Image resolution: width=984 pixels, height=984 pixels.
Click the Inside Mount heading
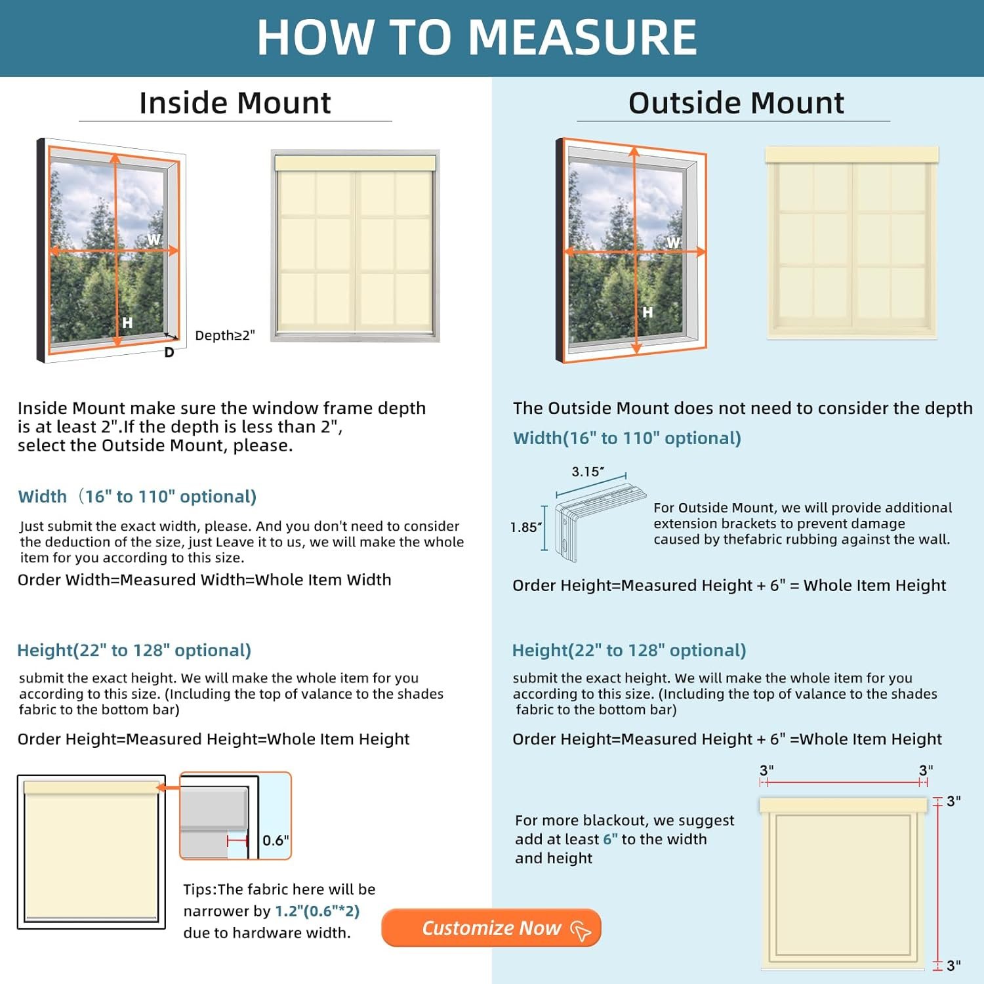click(235, 103)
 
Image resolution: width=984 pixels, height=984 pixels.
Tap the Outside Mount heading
click(736, 103)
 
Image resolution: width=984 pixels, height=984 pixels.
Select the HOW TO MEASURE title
click(477, 37)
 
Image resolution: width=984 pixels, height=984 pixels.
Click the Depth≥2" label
click(224, 335)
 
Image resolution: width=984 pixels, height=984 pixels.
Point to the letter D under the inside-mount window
click(169, 352)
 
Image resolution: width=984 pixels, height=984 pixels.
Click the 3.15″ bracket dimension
click(587, 472)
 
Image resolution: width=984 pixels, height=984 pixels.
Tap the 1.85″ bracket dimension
click(526, 527)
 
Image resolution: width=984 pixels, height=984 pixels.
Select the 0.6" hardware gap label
click(276, 840)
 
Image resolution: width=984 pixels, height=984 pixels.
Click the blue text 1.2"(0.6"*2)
click(318, 911)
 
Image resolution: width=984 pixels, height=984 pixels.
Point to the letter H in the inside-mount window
click(127, 322)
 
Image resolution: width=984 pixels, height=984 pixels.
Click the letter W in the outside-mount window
click(673, 242)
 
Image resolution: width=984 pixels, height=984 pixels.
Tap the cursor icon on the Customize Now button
click(581, 930)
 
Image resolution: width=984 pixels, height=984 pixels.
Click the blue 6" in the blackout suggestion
click(610, 839)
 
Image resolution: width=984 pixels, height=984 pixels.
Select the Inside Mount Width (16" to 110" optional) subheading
click(137, 497)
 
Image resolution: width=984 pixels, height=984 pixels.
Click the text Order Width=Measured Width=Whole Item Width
click(204, 580)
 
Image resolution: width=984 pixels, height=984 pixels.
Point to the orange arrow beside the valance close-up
click(169, 788)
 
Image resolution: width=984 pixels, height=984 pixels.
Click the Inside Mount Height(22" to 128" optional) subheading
click(134, 650)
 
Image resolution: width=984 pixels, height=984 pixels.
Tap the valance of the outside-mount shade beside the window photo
click(851, 155)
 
